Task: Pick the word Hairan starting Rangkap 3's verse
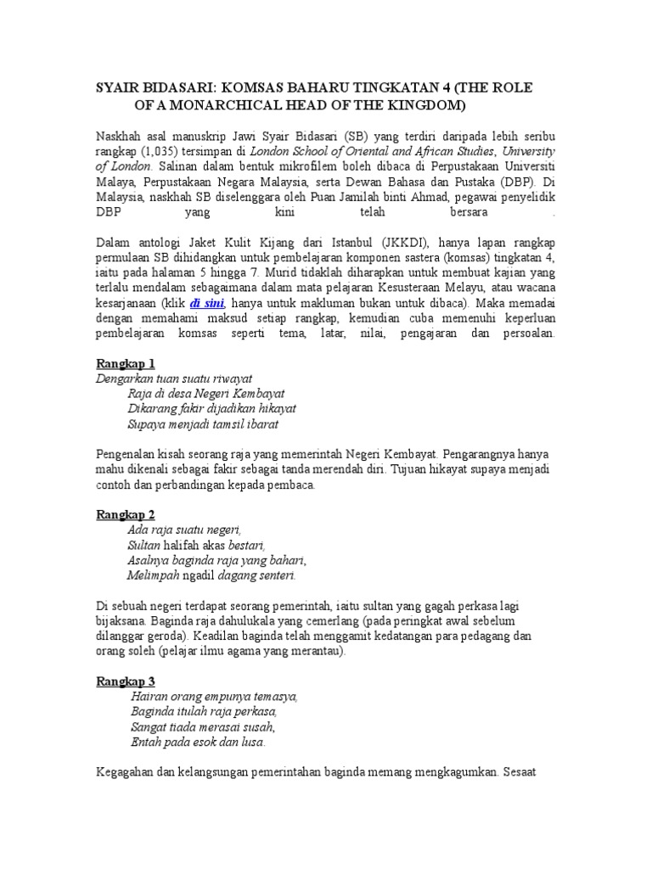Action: [150, 697]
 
